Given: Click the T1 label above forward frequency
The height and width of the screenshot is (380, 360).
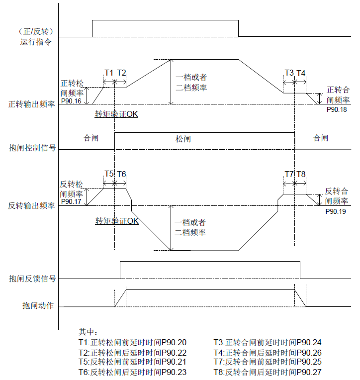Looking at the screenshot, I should (108, 73).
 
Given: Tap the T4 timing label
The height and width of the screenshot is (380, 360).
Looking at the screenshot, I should (301, 73).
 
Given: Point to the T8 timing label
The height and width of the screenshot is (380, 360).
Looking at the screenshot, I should (301, 174).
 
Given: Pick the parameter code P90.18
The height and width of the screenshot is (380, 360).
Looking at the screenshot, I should (337, 109).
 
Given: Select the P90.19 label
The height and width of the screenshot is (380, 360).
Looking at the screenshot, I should (336, 211).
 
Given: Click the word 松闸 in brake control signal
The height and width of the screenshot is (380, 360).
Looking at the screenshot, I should (183, 139).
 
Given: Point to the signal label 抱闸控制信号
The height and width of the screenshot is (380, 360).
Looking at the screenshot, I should (32, 148).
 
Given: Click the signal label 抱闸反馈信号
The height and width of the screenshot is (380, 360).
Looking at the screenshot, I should (32, 279).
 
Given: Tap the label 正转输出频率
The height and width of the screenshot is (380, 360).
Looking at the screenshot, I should (32, 105).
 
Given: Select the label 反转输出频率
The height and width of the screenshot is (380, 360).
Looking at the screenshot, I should (32, 205).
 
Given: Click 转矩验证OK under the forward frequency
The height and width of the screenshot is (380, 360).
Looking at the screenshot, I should (116, 114).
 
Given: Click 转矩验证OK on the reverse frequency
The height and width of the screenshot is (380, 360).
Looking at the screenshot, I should (117, 221).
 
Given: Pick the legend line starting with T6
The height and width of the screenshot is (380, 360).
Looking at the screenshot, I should (132, 372).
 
